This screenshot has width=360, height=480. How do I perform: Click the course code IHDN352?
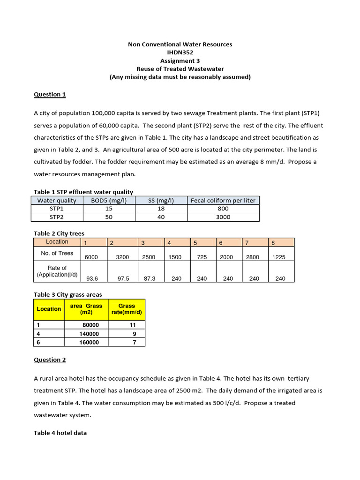point(180,52)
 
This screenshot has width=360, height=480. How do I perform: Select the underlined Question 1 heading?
point(50,94)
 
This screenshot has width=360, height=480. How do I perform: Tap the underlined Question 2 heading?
point(50,360)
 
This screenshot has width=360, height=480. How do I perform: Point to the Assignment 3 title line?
point(180,60)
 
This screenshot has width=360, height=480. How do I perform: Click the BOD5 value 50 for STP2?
point(108,217)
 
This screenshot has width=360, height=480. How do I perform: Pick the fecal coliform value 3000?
point(223,217)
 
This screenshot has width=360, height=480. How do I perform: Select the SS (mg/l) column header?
point(161,200)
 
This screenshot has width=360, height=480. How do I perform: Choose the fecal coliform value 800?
point(223,209)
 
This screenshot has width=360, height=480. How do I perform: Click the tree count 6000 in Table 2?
point(92,257)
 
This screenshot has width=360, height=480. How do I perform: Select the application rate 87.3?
point(150,278)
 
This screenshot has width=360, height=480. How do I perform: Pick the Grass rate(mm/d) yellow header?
point(127,309)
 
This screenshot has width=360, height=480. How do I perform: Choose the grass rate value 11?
point(133,325)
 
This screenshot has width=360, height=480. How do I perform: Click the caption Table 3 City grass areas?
point(67,294)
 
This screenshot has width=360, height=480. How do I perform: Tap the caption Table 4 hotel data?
point(60,433)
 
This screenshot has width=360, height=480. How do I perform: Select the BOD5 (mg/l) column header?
point(108,200)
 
